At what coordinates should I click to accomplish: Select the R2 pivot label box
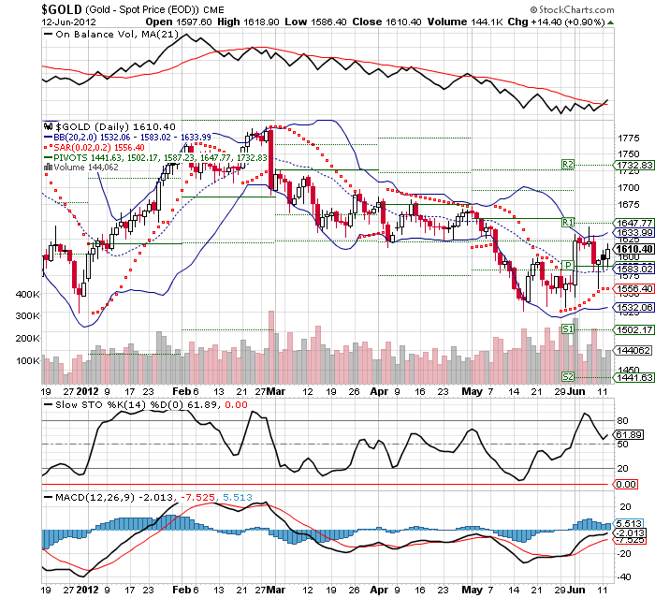click(x=567, y=164)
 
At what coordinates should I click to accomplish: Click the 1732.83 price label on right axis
click(x=633, y=165)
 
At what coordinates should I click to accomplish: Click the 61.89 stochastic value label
click(x=630, y=435)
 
